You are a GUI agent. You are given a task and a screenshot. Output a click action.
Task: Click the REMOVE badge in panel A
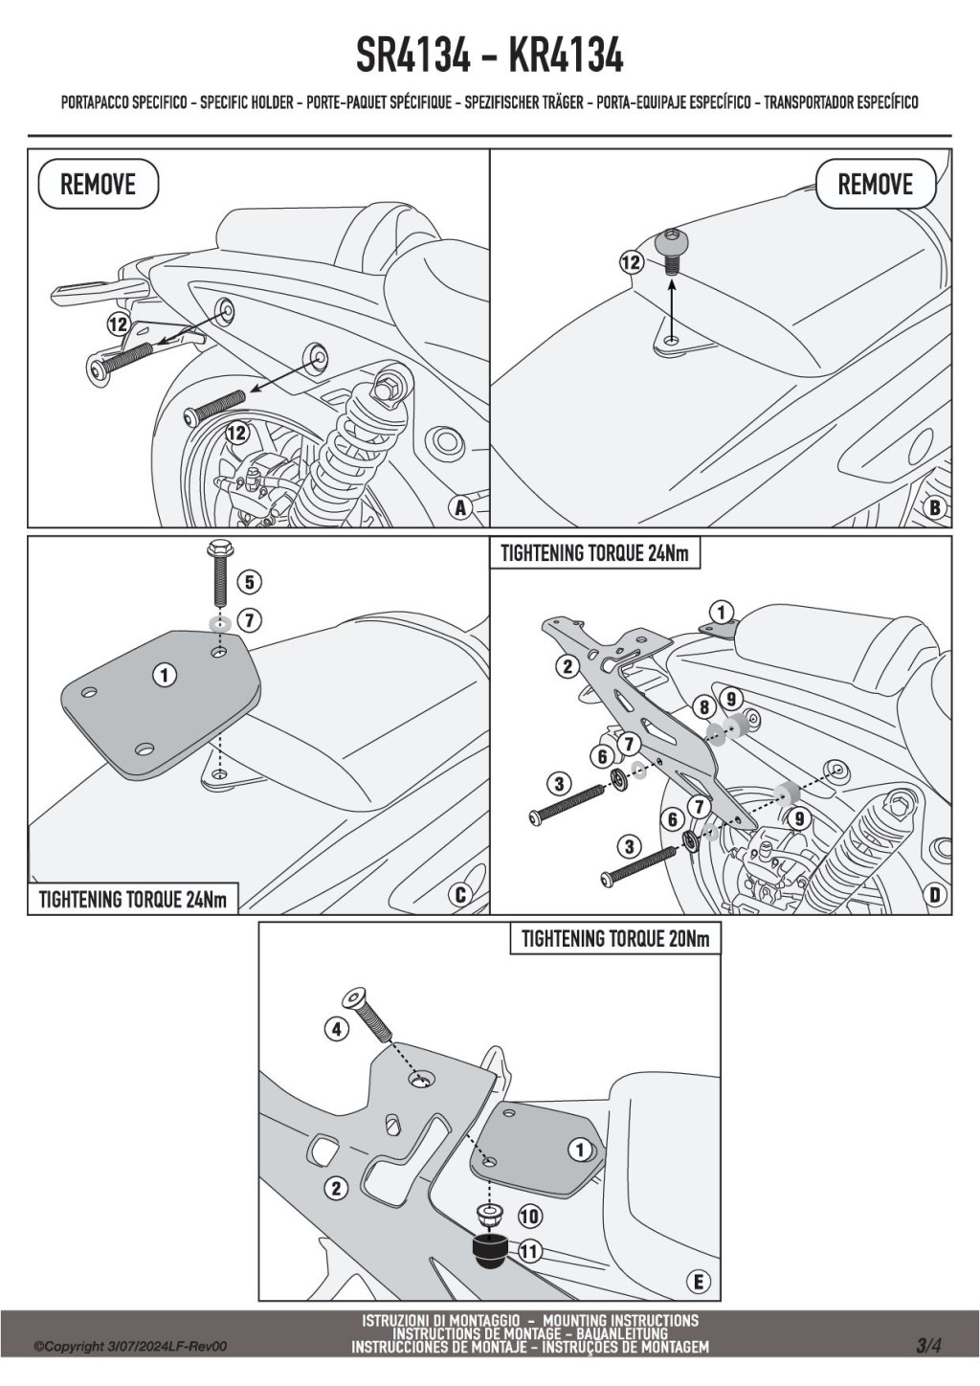pyautogui.click(x=98, y=184)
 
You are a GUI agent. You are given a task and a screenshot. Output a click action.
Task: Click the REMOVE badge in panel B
pyautogui.click(x=875, y=184)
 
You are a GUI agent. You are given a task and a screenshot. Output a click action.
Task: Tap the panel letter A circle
pyautogui.click(x=460, y=508)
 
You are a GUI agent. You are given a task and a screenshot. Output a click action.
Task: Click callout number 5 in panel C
pyautogui.click(x=249, y=581)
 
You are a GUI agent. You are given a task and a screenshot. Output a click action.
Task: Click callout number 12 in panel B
pyautogui.click(x=632, y=261)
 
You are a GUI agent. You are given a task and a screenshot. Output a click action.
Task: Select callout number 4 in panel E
pyautogui.click(x=336, y=1030)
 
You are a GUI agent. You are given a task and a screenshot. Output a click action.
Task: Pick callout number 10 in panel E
pyautogui.click(x=529, y=1217)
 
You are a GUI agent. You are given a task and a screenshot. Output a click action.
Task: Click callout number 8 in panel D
pyautogui.click(x=705, y=707)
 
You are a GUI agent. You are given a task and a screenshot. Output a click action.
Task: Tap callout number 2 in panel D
pyautogui.click(x=567, y=666)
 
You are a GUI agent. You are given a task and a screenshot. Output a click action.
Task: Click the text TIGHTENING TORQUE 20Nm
pyautogui.click(x=615, y=939)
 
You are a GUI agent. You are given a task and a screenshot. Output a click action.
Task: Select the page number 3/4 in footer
pyautogui.click(x=927, y=1345)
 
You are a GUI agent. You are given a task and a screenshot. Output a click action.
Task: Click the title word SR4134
pyautogui.click(x=413, y=56)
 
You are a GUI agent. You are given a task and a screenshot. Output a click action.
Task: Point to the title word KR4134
pyautogui.click(x=566, y=56)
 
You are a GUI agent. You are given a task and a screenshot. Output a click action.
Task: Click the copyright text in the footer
pyautogui.click(x=130, y=1347)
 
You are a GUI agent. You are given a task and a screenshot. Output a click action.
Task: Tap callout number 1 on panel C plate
pyautogui.click(x=164, y=676)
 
